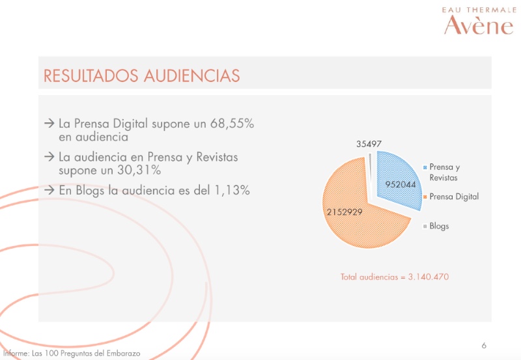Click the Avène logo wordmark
tap(479, 25)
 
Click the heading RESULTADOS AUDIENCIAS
tap(142, 76)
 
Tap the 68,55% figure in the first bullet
tap(232, 123)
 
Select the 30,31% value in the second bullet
tap(139, 170)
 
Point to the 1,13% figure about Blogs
tap(232, 190)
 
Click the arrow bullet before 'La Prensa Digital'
tap(49, 124)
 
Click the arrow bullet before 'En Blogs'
tap(49, 190)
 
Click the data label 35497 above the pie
tap(369, 144)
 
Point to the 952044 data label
tap(401, 184)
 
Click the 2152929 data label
tap(345, 212)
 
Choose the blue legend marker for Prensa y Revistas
tap(425, 167)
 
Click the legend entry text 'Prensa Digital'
tap(454, 197)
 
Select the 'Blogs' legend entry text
tap(439, 226)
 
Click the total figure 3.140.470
tap(429, 277)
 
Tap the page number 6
tap(484, 346)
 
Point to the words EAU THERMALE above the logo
tap(479, 10)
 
